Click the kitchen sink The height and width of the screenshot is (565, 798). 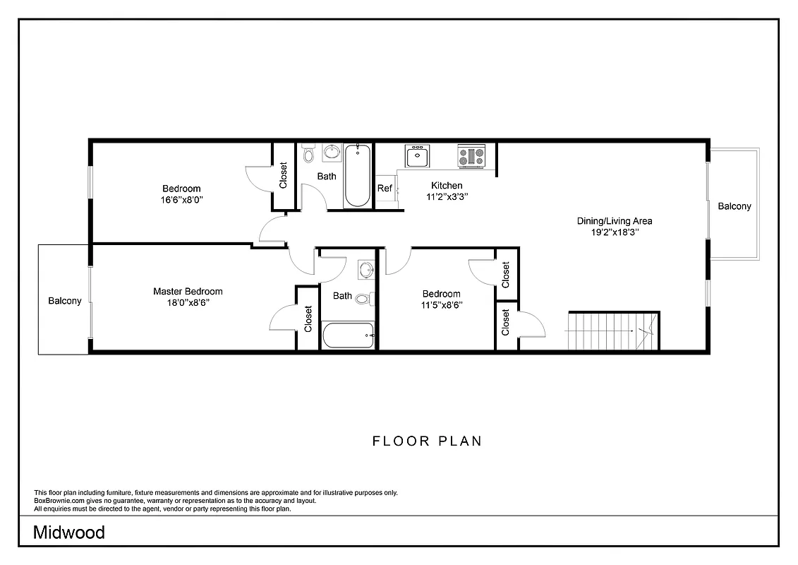pyautogui.click(x=417, y=155)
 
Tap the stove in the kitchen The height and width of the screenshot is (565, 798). pyautogui.click(x=471, y=156)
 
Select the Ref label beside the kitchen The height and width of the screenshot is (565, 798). pyautogui.click(x=385, y=189)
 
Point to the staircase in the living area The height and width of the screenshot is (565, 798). pyautogui.click(x=612, y=330)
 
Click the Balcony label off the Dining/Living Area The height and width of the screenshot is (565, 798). pyautogui.click(x=734, y=206)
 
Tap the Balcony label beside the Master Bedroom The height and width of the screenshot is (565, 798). pyautogui.click(x=65, y=301)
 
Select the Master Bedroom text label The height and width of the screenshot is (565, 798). pyautogui.click(x=188, y=292)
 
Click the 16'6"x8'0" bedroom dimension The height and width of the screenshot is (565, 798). pyautogui.click(x=182, y=200)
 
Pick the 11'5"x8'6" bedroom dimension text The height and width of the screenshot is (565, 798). pyautogui.click(x=442, y=305)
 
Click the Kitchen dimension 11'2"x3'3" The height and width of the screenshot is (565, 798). pyautogui.click(x=447, y=197)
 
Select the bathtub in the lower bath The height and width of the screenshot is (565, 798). pyautogui.click(x=348, y=335)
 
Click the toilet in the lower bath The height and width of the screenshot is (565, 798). pyautogui.click(x=363, y=298)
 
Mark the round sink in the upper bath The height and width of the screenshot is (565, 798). pyautogui.click(x=332, y=152)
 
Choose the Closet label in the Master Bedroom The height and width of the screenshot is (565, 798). pyautogui.click(x=308, y=319)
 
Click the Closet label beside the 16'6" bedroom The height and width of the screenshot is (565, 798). pyautogui.click(x=284, y=176)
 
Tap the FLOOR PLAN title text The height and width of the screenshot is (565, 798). pyautogui.click(x=427, y=441)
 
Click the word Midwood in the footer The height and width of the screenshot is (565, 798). pyautogui.click(x=69, y=533)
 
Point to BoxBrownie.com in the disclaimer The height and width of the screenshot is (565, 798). pyautogui.click(x=59, y=501)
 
